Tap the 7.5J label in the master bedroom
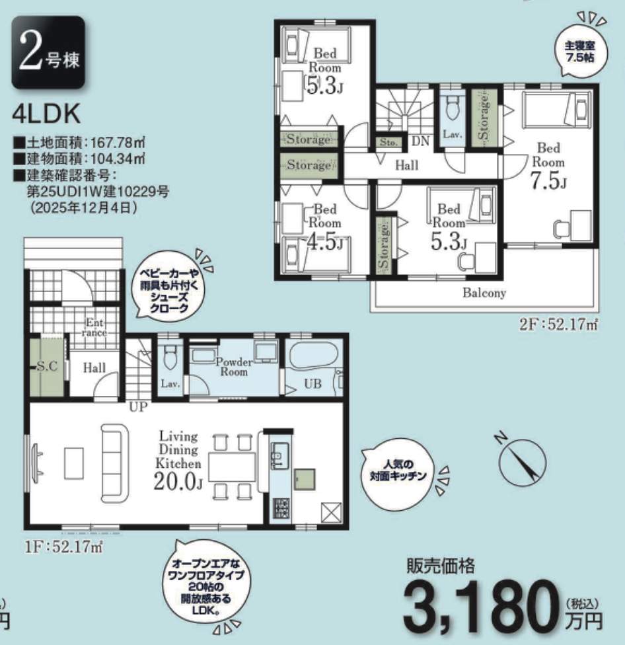pyautogui.click(x=549, y=180)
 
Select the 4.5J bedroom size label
pyautogui.click(x=325, y=242)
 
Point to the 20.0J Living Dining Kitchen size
pyautogui.click(x=178, y=480)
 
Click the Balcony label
pyautogui.click(x=484, y=293)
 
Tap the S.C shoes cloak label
pyautogui.click(x=48, y=365)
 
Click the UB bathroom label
pyautogui.click(x=312, y=384)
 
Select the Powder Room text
pyautogui.click(x=234, y=367)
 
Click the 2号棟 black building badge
pyautogui.click(x=48, y=52)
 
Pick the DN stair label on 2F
pyautogui.click(x=420, y=141)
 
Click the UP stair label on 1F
pyautogui.click(x=138, y=407)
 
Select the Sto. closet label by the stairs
pyautogui.click(x=388, y=142)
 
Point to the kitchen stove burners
pyautogui.click(x=281, y=508)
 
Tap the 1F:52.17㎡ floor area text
pyautogui.click(x=63, y=547)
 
